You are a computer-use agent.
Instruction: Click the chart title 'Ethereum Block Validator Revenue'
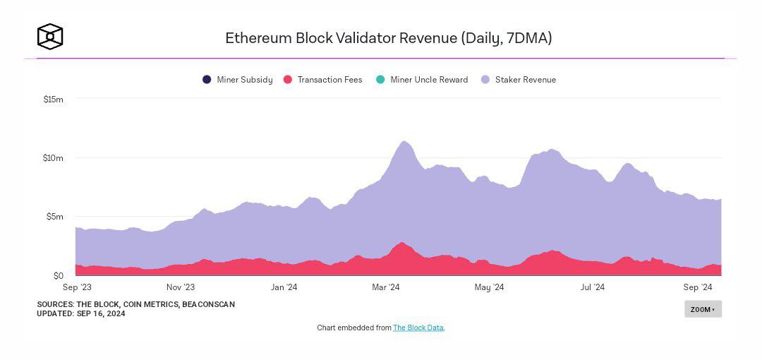pyautogui.click(x=388, y=38)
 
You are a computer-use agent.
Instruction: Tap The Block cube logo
pyautogui.click(x=50, y=37)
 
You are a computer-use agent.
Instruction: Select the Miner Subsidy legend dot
pyautogui.click(x=207, y=80)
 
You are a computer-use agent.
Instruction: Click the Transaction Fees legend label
pyautogui.click(x=329, y=80)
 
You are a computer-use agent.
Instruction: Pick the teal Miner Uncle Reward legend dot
pyautogui.click(x=380, y=80)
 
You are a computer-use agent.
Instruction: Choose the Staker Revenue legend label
pyautogui.click(x=525, y=80)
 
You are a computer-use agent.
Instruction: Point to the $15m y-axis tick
pyautogui.click(x=54, y=100)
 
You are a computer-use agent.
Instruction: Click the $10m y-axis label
pyautogui.click(x=54, y=158)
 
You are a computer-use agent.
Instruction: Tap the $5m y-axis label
pyautogui.click(x=55, y=217)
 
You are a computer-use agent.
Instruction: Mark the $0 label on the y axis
pyautogui.click(x=58, y=275)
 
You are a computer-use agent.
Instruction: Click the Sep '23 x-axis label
pyautogui.click(x=77, y=287)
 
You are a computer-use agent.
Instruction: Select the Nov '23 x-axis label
pyautogui.click(x=181, y=287)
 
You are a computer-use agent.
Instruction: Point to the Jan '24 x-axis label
pyautogui.click(x=283, y=287)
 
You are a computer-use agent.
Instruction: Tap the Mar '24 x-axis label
pyautogui.click(x=385, y=287)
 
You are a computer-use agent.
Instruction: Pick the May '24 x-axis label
pyautogui.click(x=489, y=287)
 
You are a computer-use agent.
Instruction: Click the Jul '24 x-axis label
pyautogui.click(x=592, y=287)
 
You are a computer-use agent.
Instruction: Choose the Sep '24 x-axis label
pyautogui.click(x=697, y=287)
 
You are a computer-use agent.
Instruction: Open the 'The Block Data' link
pyautogui.click(x=418, y=328)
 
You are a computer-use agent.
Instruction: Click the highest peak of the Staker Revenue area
pyautogui.click(x=404, y=142)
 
